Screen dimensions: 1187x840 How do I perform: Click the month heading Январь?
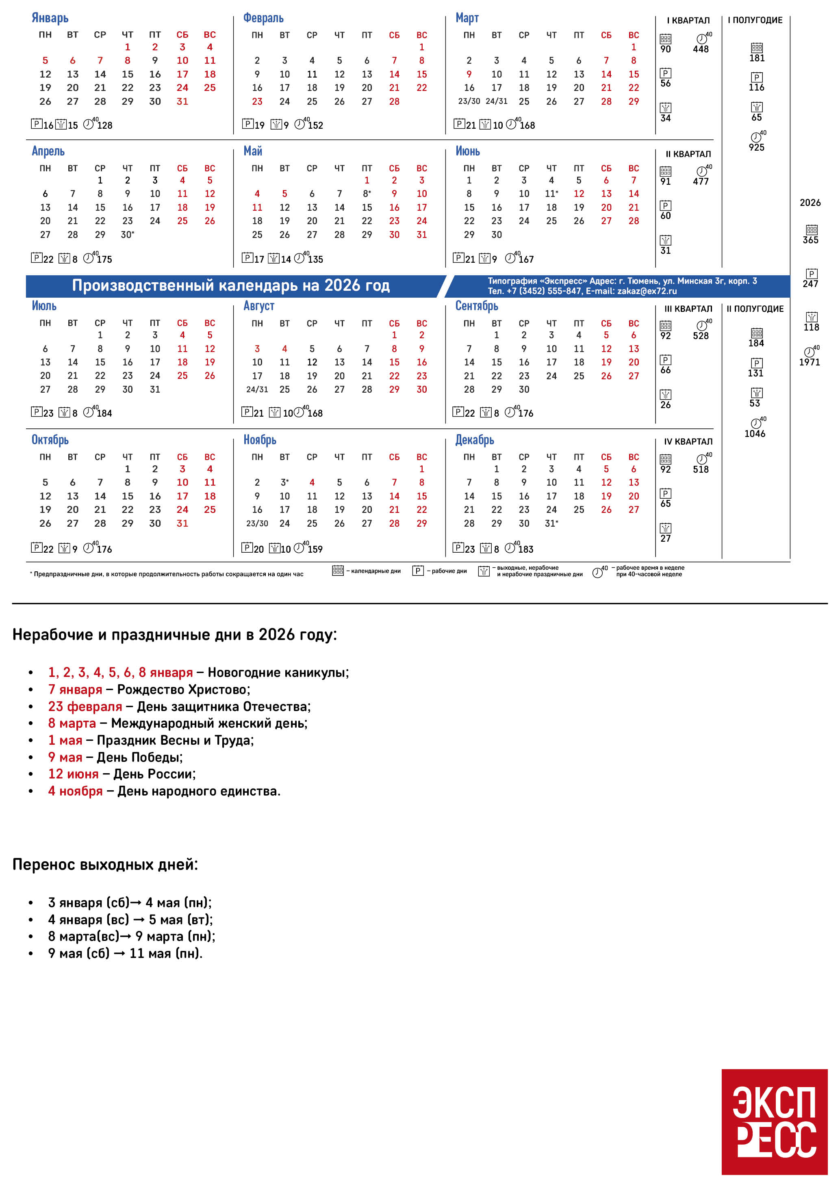[50, 18]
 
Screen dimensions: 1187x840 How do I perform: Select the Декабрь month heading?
[474, 440]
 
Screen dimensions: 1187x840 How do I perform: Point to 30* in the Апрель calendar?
[127, 235]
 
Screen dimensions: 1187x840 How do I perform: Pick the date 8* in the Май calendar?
[367, 194]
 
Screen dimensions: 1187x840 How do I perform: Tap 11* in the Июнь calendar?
[551, 194]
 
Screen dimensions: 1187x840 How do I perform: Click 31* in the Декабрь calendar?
[551, 523]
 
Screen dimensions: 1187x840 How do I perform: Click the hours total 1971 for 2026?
[810, 362]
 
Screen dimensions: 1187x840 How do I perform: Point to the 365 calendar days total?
[810, 240]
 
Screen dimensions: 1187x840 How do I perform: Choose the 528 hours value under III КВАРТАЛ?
[701, 335]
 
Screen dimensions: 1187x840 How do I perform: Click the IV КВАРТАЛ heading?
[688, 441]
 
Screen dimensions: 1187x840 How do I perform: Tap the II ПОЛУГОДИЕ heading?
[755, 309]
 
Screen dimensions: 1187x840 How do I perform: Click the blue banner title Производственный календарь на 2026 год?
[231, 285]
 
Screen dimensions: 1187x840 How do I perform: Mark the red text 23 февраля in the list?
[85, 706]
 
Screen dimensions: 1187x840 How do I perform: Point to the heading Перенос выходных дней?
[105, 865]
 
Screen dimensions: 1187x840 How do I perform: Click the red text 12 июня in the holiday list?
[73, 774]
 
